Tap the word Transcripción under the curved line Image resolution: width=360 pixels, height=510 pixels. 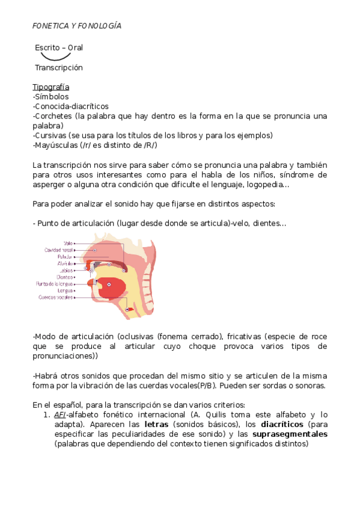[x=58, y=67]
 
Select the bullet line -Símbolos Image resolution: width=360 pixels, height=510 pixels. [x=50, y=96]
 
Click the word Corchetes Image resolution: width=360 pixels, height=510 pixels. [x=53, y=115]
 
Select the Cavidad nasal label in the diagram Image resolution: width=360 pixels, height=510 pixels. [x=58, y=250]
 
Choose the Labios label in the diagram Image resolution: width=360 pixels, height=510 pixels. [x=66, y=271]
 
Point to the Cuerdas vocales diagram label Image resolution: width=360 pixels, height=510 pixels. [x=56, y=297]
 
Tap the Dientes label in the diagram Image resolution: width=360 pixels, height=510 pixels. [x=65, y=277]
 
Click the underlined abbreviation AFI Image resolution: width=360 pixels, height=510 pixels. [x=59, y=415]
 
